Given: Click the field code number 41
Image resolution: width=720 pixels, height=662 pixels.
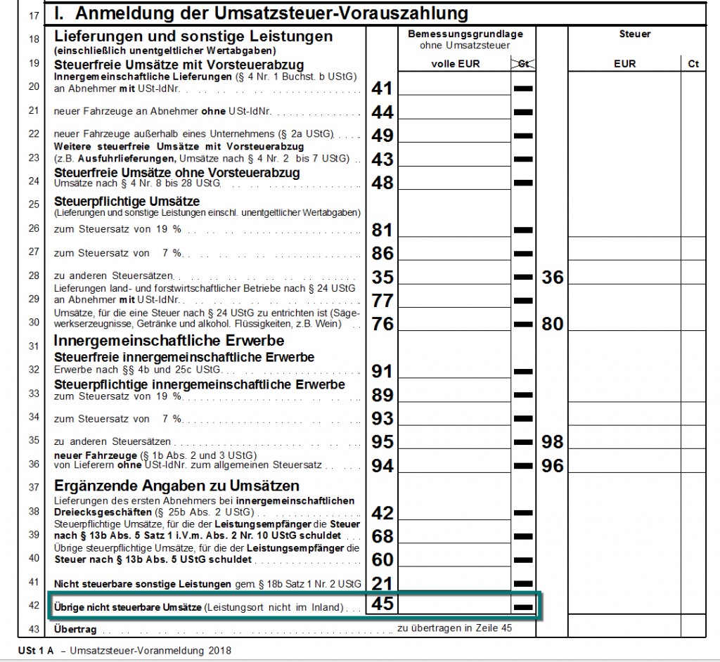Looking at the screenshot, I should click(382, 89).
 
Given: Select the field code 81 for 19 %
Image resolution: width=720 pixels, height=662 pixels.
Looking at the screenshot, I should click(382, 230).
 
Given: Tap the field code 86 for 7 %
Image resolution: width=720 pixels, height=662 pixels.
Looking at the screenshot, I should click(382, 253).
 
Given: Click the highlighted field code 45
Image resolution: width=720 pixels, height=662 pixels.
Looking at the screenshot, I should click(382, 604).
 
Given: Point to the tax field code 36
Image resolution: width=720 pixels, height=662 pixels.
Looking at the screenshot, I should click(553, 277).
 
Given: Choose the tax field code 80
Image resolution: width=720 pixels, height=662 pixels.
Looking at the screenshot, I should click(553, 324).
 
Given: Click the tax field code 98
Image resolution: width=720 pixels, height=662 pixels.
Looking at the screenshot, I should click(553, 442).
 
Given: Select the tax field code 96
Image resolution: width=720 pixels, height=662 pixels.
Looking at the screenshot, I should click(553, 465).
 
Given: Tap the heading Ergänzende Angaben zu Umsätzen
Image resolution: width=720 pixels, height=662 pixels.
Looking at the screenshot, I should click(176, 486).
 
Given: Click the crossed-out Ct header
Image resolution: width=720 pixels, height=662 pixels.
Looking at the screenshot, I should click(522, 63).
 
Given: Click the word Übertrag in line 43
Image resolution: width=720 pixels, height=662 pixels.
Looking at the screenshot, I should click(75, 630).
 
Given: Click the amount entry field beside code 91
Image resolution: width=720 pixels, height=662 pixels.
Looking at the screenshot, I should click(454, 370).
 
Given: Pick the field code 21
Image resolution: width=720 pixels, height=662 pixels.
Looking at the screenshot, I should click(382, 583).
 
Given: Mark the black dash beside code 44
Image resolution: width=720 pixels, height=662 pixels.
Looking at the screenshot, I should click(523, 112).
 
